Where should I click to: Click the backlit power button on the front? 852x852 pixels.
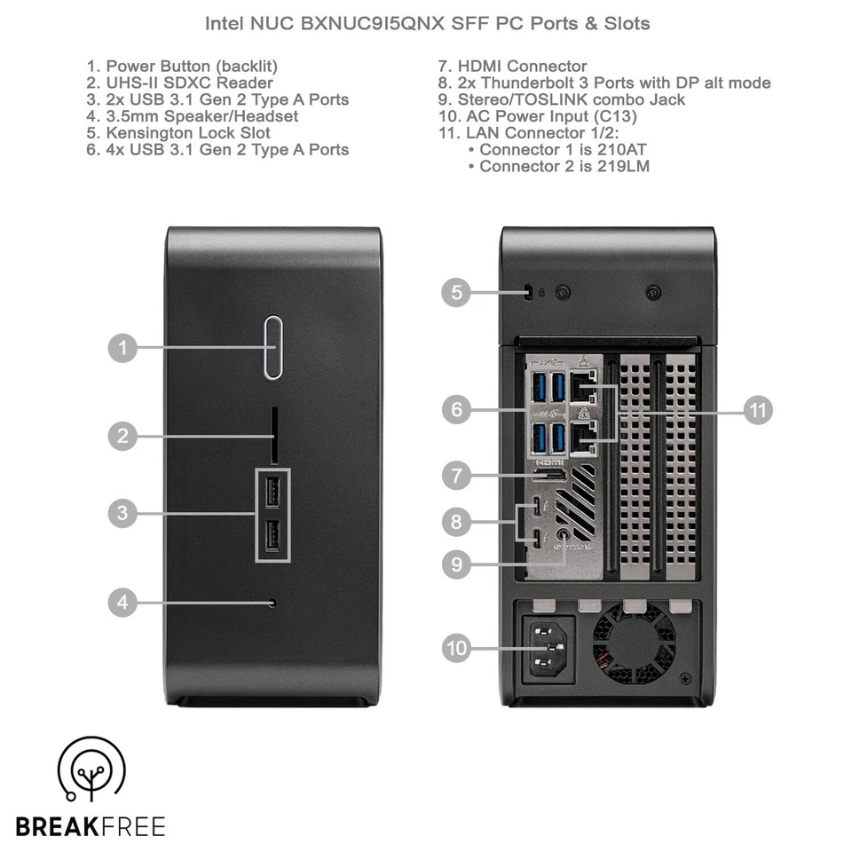pyautogui.click(x=273, y=347)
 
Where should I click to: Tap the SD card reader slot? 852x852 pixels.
pyautogui.click(x=274, y=435)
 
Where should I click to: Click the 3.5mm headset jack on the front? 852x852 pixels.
pyautogui.click(x=272, y=603)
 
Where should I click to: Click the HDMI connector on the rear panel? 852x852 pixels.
pyautogui.click(x=549, y=477)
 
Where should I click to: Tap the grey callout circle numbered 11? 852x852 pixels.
pyautogui.click(x=757, y=410)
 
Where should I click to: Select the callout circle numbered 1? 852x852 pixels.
pyautogui.click(x=123, y=347)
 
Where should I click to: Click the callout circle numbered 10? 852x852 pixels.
pyautogui.click(x=457, y=649)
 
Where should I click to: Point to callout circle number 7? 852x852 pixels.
pyautogui.click(x=457, y=476)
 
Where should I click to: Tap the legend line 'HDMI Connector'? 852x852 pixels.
pyautogui.click(x=512, y=66)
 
